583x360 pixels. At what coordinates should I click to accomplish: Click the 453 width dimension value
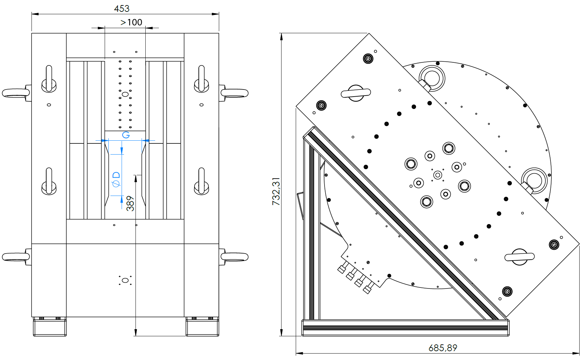(122, 8)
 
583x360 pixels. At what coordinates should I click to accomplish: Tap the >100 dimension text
(131, 22)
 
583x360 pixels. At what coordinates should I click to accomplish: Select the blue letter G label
(126, 135)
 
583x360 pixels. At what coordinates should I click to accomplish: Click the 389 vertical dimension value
(130, 203)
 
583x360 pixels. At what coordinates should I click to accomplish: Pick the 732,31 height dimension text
(276, 191)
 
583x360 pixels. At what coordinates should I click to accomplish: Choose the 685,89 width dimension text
(443, 348)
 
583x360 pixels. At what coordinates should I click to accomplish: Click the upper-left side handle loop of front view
(16, 93)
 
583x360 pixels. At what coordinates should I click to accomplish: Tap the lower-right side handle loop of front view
(235, 257)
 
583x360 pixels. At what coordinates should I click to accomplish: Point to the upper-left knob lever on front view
(49, 79)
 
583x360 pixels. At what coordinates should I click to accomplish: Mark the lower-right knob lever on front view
(202, 182)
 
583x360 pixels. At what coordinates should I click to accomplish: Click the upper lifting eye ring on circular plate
(432, 78)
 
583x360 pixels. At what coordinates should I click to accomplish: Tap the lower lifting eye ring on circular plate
(534, 180)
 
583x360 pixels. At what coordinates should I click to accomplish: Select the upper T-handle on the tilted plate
(356, 93)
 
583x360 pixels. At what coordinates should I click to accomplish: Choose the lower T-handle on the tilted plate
(519, 257)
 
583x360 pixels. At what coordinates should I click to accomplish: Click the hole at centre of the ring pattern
(438, 175)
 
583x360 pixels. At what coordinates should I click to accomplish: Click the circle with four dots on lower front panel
(125, 280)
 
